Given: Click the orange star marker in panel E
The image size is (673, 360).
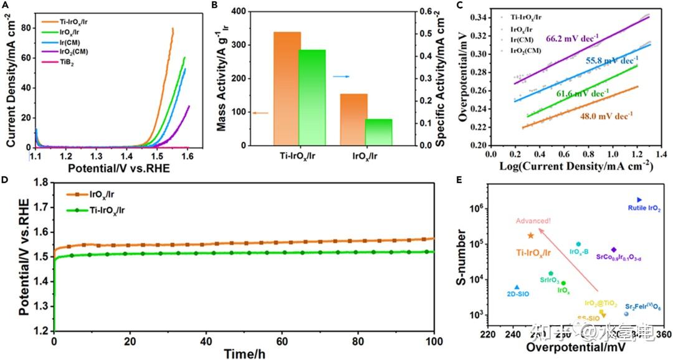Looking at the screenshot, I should (x=531, y=235).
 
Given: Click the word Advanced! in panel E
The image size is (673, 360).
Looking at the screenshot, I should (x=533, y=221).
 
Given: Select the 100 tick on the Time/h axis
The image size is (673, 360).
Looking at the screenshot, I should (x=434, y=341).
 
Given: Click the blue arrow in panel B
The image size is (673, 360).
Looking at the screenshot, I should (x=340, y=76).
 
